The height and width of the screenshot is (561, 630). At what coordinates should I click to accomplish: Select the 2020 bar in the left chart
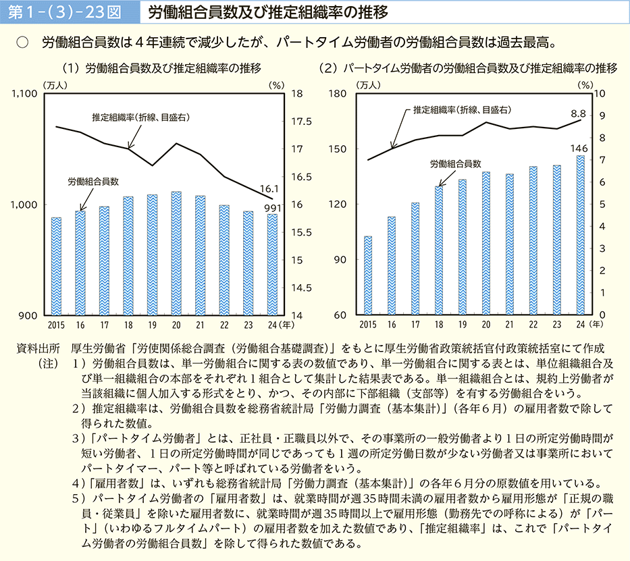tap(176, 253)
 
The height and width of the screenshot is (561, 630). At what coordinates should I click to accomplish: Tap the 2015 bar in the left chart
tap(56, 266)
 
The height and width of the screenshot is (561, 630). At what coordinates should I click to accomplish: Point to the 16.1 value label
tap(270, 190)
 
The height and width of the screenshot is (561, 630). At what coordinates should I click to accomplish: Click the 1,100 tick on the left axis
tap(24, 95)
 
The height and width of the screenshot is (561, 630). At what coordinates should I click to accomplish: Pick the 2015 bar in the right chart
tap(368, 275)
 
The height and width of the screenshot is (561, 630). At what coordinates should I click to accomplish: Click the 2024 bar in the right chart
tap(580, 235)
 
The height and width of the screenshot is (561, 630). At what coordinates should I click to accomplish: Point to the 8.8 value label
tap(578, 113)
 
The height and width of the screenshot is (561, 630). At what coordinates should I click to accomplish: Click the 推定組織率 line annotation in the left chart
tap(140, 117)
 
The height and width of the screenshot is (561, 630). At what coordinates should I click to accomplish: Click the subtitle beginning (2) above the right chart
tap(470, 69)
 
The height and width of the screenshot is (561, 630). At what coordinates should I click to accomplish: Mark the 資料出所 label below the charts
tap(38, 348)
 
